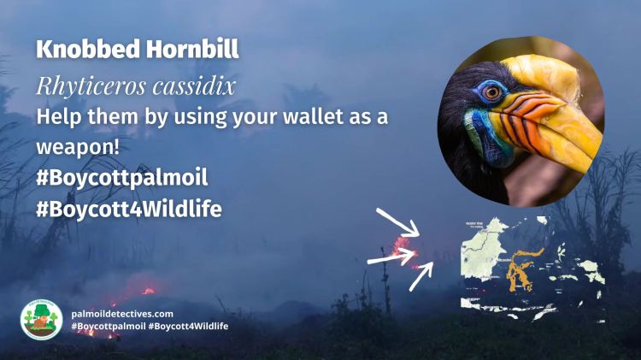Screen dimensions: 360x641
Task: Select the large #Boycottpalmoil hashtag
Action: pos(122,178)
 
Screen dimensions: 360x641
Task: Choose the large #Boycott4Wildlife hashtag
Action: pos(129,209)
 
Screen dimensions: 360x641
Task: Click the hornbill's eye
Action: pos(492,91)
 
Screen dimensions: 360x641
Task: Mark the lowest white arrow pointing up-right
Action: pos(421,274)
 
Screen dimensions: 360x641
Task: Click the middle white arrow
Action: pos(391,255)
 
